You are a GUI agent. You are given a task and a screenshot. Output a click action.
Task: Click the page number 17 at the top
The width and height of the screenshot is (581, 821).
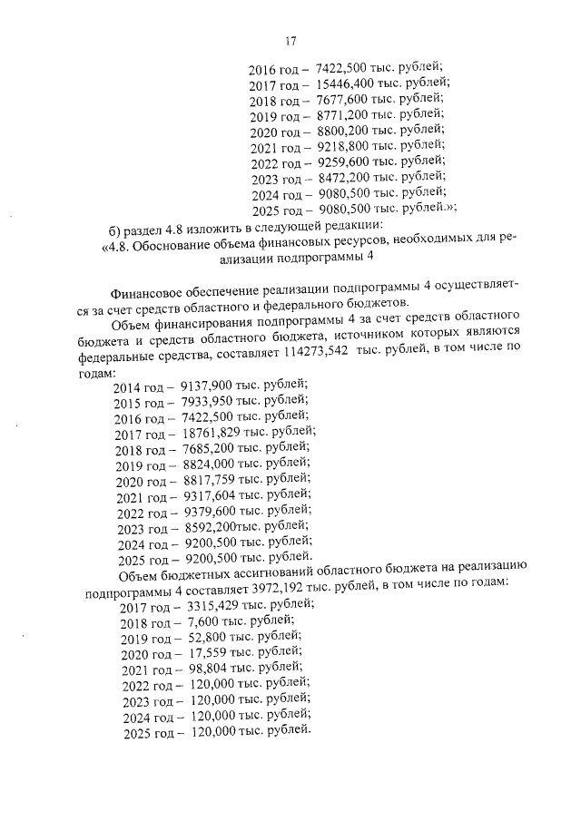pyautogui.click(x=290, y=41)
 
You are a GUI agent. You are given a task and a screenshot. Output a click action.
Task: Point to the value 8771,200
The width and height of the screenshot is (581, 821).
pyautogui.click(x=342, y=114)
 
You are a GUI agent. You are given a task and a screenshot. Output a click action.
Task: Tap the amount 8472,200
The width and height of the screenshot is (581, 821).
pyautogui.click(x=342, y=179)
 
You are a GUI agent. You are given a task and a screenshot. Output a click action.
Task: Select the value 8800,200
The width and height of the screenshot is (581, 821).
pyautogui.click(x=342, y=131)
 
